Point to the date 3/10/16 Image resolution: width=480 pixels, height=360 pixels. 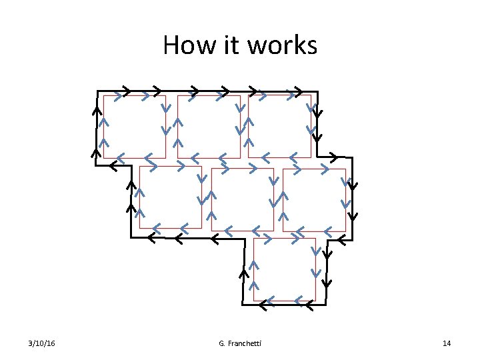[x=42, y=343]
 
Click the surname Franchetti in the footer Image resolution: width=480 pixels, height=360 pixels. [x=244, y=343]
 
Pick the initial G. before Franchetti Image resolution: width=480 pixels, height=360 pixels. [x=221, y=343]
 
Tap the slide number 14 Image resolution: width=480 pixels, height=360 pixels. [x=447, y=343]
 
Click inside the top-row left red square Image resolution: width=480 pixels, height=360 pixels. [x=134, y=127]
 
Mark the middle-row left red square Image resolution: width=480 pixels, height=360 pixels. [x=170, y=197]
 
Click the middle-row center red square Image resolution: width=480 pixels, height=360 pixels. [x=242, y=199]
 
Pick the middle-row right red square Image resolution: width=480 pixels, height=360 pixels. [x=314, y=199]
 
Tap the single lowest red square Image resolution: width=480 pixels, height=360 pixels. [x=284, y=269]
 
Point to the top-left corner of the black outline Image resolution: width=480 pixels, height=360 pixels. [x=97, y=91]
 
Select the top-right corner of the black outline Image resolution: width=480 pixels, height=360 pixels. [x=317, y=91]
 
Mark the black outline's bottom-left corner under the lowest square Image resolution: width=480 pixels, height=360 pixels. [x=242, y=305]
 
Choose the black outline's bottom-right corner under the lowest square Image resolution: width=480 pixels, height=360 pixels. [x=325, y=305]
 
